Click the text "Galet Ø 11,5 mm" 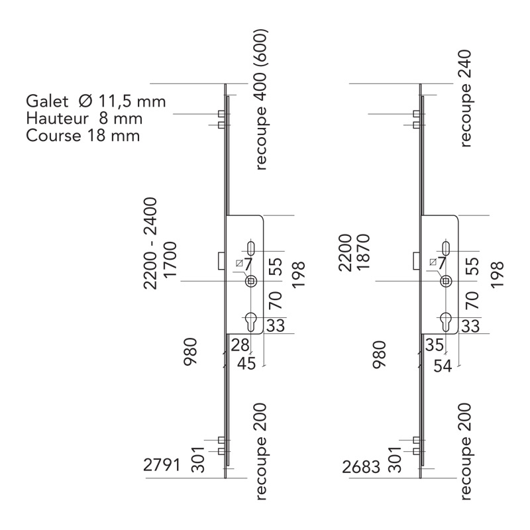click(95, 101)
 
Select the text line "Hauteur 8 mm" click(84, 119)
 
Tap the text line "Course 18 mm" click(83, 136)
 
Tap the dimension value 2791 click(162, 466)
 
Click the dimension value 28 click(240, 345)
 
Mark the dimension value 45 click(246, 364)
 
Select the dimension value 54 click(443, 365)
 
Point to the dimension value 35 click(435, 345)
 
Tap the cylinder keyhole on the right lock click(447, 321)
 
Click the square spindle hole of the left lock click(251, 282)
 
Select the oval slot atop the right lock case click(447, 248)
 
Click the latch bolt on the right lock click(416, 260)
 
